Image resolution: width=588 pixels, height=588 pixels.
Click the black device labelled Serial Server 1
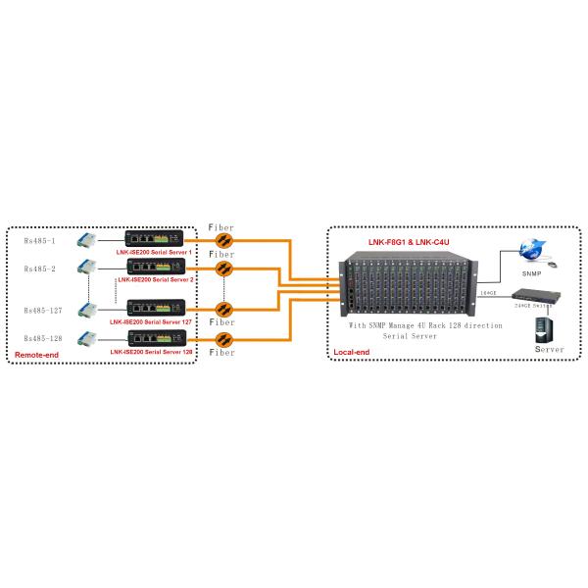(154, 238)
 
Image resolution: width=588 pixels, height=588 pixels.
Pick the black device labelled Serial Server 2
(154, 266)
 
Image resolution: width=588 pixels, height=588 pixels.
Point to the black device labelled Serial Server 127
(154, 308)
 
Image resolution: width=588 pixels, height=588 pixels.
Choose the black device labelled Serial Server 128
(154, 338)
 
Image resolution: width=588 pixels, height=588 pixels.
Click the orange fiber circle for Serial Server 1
(223, 239)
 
